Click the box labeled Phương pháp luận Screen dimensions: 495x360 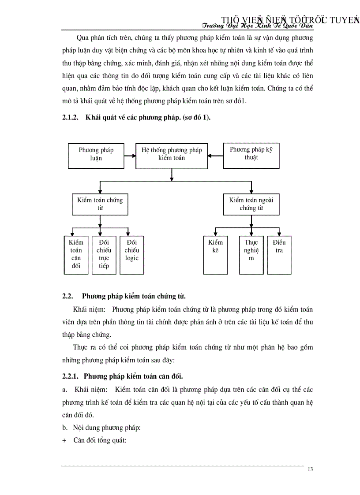96,154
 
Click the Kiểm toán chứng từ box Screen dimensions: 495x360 100,204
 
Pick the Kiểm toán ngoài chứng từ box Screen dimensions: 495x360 251,204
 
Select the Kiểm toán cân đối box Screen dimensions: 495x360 76,254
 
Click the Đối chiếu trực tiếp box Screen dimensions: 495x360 104,254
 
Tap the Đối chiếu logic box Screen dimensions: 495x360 132,254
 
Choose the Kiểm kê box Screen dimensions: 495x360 216,254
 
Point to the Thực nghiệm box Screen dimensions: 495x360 251,254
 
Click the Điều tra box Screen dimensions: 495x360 279,254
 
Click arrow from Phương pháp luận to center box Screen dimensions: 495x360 130,155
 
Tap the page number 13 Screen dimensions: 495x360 310,469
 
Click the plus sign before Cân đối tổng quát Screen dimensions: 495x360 64,439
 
